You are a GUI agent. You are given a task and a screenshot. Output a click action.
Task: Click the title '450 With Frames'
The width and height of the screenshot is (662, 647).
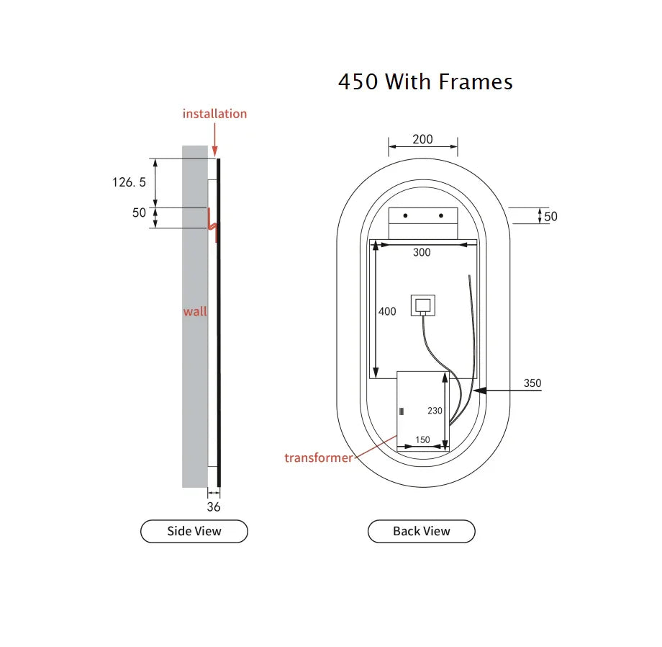[x=425, y=81]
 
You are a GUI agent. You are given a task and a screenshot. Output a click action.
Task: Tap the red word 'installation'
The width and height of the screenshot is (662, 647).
[x=214, y=114]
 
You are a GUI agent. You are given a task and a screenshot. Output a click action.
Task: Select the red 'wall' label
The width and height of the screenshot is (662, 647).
[x=194, y=311]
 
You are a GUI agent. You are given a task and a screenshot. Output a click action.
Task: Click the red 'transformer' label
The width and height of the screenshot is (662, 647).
[x=318, y=458]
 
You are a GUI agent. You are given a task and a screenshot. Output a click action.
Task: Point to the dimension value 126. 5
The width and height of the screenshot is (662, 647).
[x=129, y=182]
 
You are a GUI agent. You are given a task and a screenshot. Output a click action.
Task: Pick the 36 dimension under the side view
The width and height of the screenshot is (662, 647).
[x=213, y=507]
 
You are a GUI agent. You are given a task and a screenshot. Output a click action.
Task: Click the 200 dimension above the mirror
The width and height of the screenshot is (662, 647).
[x=422, y=139]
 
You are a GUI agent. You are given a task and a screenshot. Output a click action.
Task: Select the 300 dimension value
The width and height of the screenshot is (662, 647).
[x=422, y=252]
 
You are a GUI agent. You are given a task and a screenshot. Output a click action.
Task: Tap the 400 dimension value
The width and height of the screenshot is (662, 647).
[x=387, y=311]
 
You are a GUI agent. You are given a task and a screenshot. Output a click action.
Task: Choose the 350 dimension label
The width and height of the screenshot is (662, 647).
[x=532, y=383]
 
